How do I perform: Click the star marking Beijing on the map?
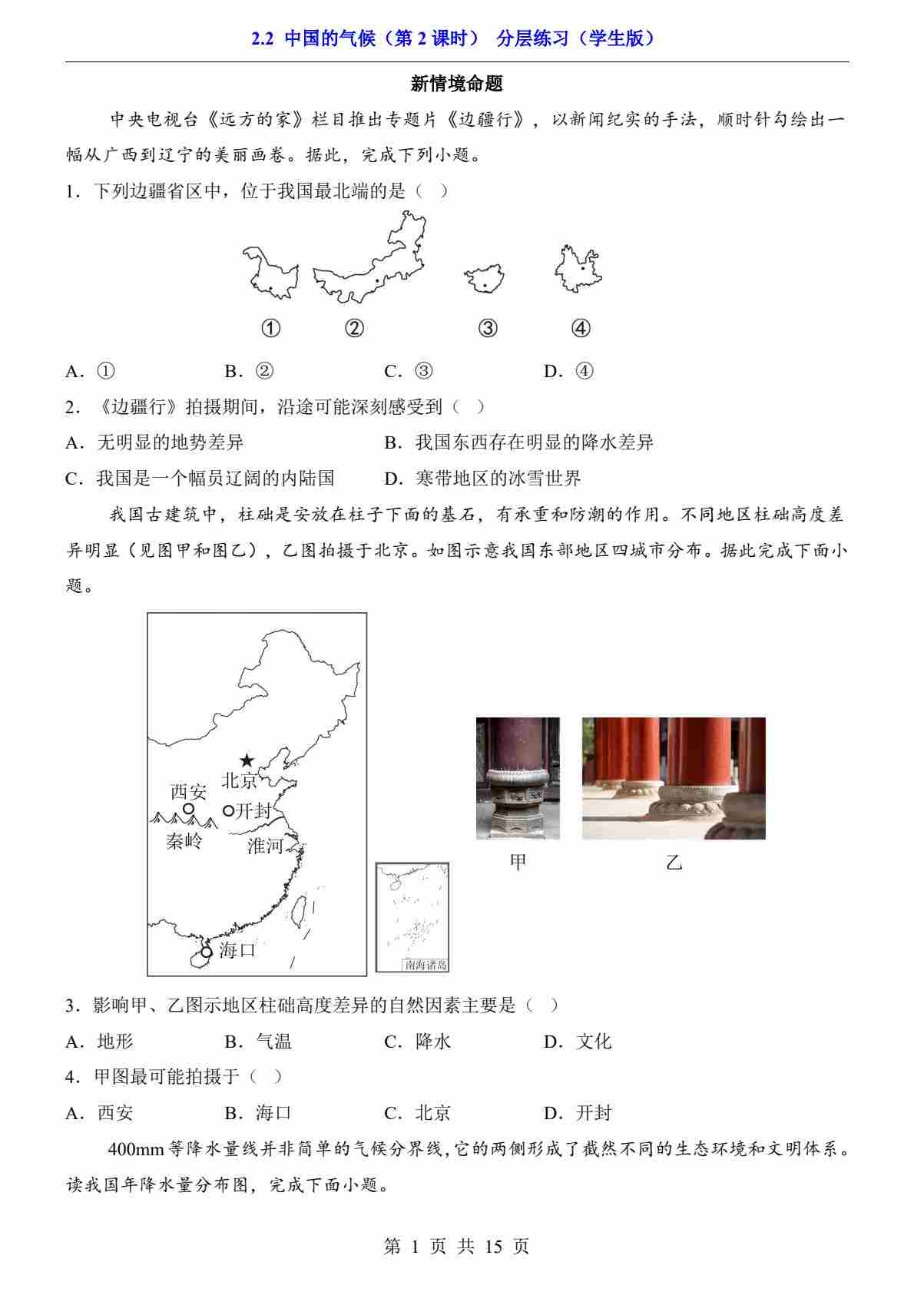click(247, 760)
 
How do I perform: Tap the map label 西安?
click(189, 792)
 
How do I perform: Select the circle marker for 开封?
click(228, 811)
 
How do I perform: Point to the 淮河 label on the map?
click(265, 846)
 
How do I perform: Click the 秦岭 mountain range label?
click(184, 842)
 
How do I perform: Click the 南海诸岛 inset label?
click(426, 964)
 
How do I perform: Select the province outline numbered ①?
click(270, 273)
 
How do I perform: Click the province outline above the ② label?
click(369, 257)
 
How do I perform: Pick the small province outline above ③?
click(485, 279)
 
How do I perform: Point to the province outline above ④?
click(578, 268)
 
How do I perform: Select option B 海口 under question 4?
click(258, 1112)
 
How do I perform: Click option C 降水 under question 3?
click(418, 1041)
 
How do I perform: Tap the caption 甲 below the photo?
click(518, 863)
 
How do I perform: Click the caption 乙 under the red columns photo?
click(674, 863)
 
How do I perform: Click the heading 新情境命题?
click(457, 84)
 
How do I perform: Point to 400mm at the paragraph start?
click(136, 1150)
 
